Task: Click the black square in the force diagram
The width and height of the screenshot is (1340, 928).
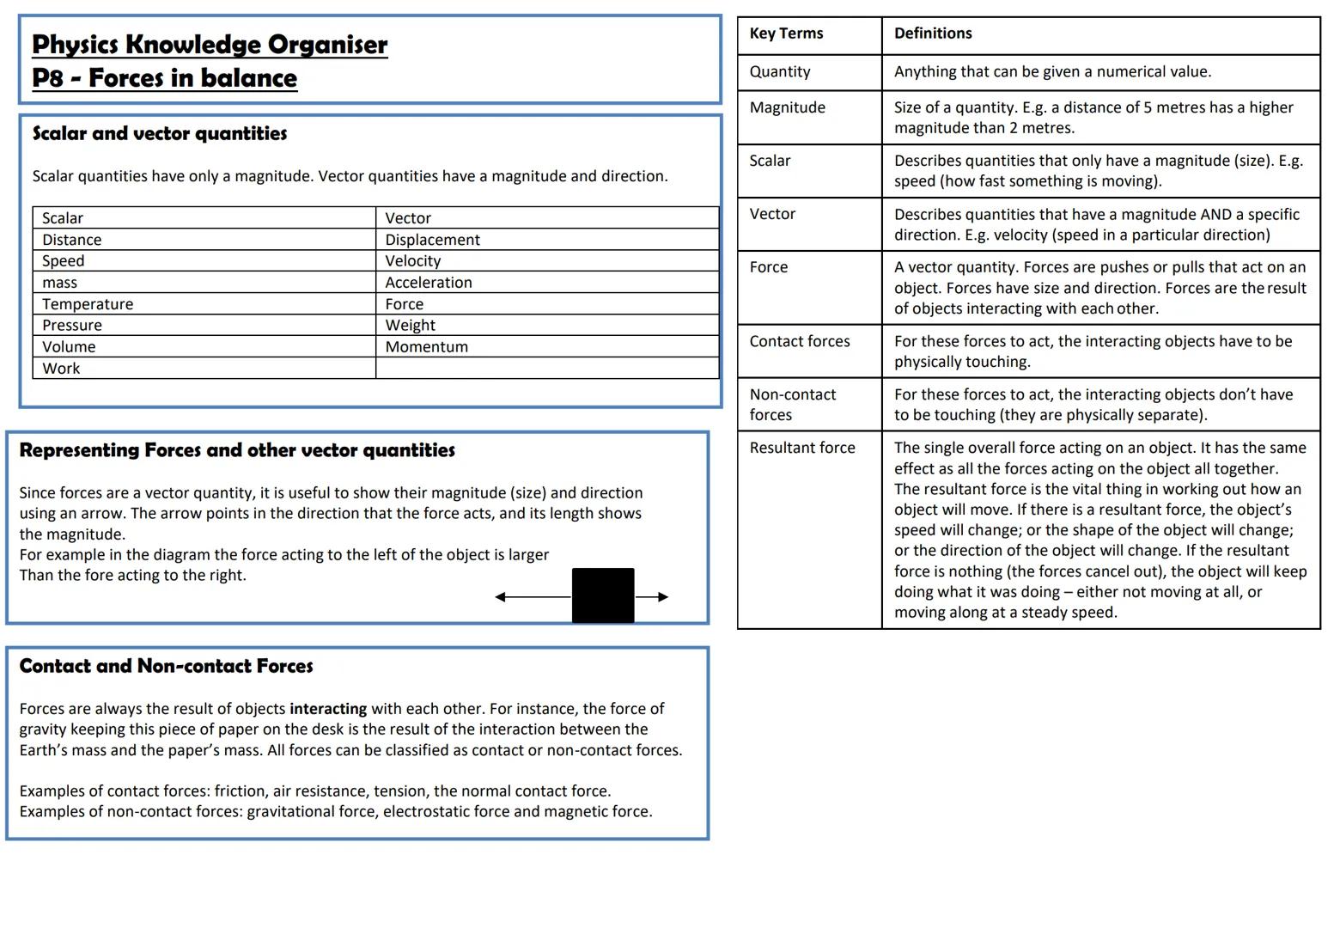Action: (603, 595)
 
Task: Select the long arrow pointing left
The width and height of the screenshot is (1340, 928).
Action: (533, 597)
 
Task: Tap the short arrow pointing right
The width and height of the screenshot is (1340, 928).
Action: (652, 597)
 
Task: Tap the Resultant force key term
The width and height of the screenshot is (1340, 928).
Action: (802, 448)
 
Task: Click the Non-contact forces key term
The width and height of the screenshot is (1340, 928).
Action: (792, 405)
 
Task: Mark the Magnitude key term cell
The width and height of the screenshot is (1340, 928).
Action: (787, 107)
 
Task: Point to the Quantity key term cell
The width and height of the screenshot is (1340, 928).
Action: (779, 72)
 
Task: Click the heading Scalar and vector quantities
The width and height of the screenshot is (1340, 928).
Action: (160, 134)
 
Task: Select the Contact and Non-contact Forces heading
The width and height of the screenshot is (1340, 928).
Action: (166, 666)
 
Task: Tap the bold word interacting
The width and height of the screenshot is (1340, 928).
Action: (328, 709)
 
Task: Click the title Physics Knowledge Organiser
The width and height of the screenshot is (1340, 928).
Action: (210, 45)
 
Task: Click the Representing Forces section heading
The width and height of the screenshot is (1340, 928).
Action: (237, 450)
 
